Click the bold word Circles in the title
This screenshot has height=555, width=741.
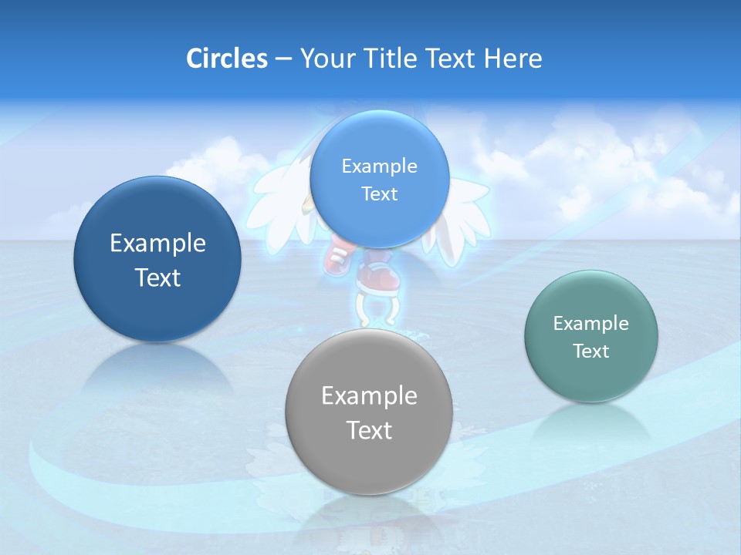click(x=226, y=59)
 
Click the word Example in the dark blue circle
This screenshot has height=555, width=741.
click(x=157, y=244)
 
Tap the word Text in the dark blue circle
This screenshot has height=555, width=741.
click(x=157, y=277)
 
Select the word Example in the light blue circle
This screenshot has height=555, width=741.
click(x=379, y=166)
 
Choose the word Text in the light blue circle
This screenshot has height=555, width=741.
click(x=379, y=193)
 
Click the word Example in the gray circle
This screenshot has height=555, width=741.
click(x=369, y=396)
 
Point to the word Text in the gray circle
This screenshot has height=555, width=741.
click(x=369, y=430)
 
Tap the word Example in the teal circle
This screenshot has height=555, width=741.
click(x=591, y=324)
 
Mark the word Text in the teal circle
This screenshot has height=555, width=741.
click(x=591, y=351)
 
